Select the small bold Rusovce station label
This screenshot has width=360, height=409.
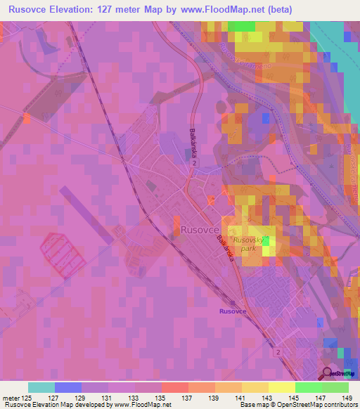[x=233, y=311]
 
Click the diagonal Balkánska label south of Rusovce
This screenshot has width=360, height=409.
[x=225, y=249]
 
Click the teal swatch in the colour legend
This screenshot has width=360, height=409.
[x=41, y=387]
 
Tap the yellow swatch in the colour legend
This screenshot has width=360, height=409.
[x=282, y=387]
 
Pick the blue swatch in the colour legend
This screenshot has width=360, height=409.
[x=68, y=387]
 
